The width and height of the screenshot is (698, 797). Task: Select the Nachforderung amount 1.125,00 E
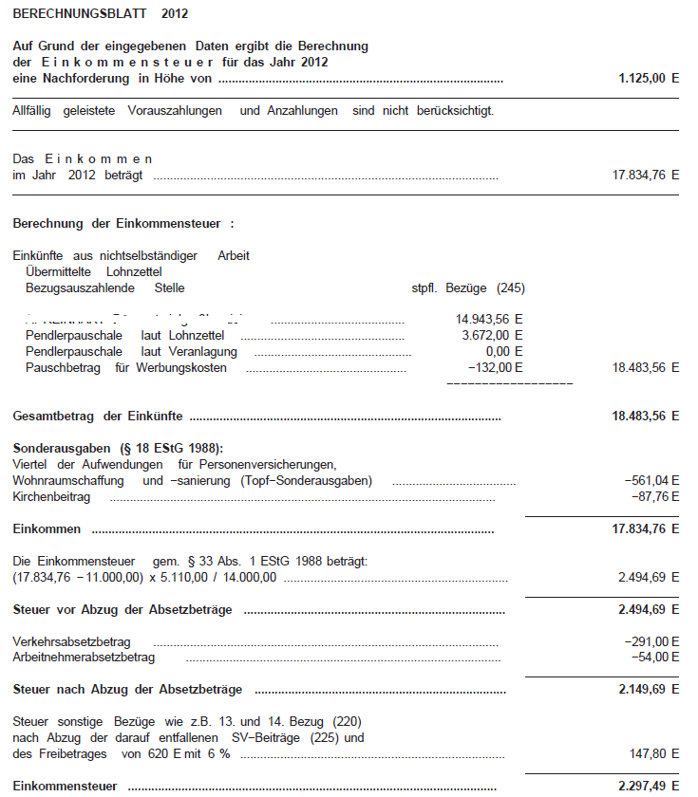coord(649,79)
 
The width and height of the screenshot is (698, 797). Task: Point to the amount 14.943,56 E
coord(490,320)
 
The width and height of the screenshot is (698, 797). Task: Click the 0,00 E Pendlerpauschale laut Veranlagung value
coord(500,352)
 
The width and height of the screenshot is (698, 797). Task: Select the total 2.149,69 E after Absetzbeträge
coord(649,689)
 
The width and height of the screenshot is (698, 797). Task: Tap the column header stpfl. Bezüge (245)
coord(465,287)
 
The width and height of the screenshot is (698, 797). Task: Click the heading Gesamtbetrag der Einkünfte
coord(98,417)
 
